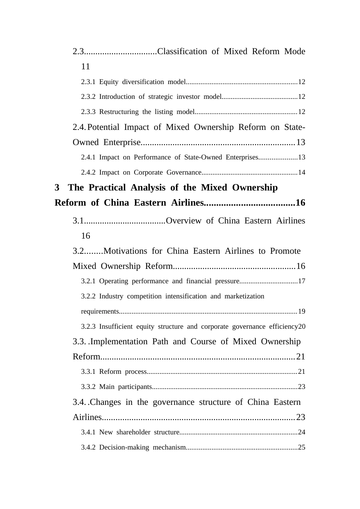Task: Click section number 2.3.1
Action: (x=88, y=82)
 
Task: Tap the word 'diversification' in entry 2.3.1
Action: (x=143, y=82)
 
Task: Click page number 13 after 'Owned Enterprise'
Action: (x=301, y=142)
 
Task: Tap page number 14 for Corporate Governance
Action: (x=302, y=172)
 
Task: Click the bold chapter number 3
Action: (x=57, y=187)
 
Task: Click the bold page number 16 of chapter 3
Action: (x=300, y=203)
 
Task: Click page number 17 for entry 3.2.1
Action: (x=302, y=281)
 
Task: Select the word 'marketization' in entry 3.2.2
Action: (x=244, y=296)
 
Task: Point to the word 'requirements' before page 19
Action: (x=100, y=311)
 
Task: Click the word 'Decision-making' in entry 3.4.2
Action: (x=124, y=447)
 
